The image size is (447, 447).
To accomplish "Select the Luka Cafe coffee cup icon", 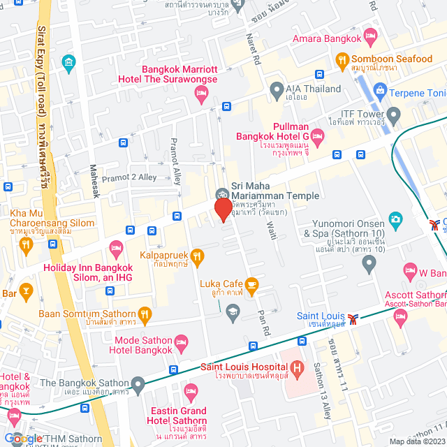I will (x=251, y=284).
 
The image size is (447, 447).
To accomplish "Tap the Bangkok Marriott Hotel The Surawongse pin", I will (x=202, y=96).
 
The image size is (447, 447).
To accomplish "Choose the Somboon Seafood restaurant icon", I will (x=342, y=59).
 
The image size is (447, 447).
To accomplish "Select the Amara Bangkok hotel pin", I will (x=371, y=35).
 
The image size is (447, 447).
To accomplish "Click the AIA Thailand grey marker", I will (x=276, y=89).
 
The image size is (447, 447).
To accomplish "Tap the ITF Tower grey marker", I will (x=393, y=113).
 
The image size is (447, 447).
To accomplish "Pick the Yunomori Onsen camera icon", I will (x=396, y=220).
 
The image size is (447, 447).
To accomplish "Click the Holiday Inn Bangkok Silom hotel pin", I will (x=116, y=248).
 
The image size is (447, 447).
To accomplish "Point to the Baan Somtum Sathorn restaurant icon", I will (x=145, y=314).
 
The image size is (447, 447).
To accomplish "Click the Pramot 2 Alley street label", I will (x=129, y=177).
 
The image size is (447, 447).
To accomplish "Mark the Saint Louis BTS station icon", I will (x=356, y=318).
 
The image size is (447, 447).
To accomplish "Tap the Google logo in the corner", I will (x=22, y=438).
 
